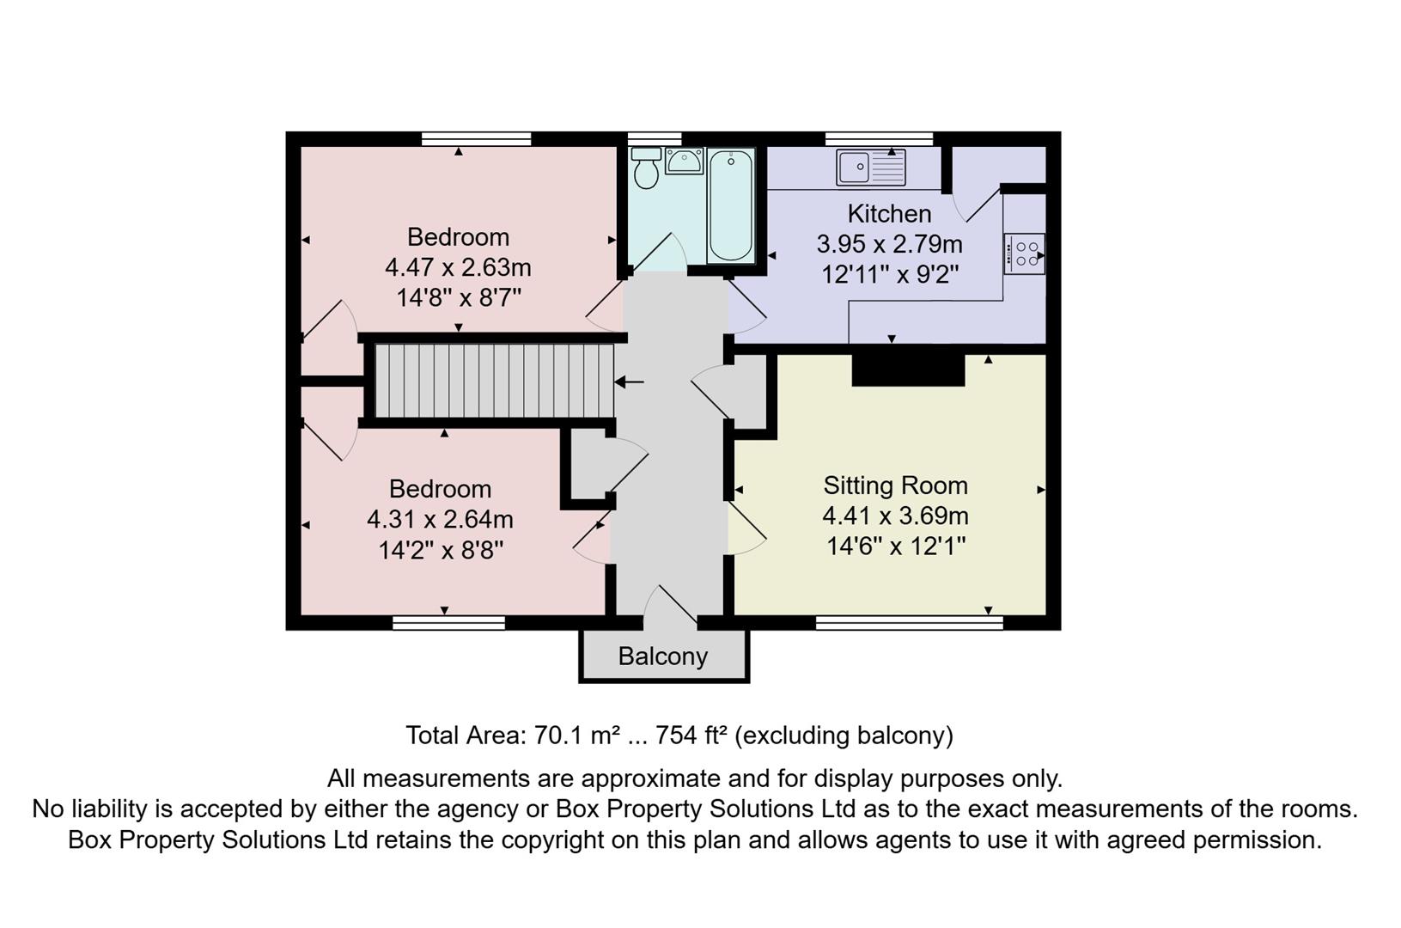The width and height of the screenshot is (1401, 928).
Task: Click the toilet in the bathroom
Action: [x=646, y=170]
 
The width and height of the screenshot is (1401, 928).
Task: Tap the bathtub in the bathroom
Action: [x=731, y=206]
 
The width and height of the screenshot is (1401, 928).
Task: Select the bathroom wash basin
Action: [x=685, y=160]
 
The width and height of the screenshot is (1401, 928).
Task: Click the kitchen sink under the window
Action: [x=870, y=167]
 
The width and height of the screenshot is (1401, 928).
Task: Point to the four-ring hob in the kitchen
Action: [x=1025, y=253]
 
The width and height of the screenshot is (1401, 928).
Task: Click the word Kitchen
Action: [x=889, y=213]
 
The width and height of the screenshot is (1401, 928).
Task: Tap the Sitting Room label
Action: [x=895, y=485]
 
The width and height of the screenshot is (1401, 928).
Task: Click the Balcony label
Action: [x=662, y=656]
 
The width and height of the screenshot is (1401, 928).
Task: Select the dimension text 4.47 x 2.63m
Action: [x=458, y=267]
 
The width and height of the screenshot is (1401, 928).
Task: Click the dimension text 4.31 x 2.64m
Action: [x=440, y=519]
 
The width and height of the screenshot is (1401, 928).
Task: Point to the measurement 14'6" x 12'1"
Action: [x=895, y=546]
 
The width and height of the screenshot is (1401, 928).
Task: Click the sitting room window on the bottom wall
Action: [x=909, y=622]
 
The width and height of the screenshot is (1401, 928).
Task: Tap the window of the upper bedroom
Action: [x=476, y=139]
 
